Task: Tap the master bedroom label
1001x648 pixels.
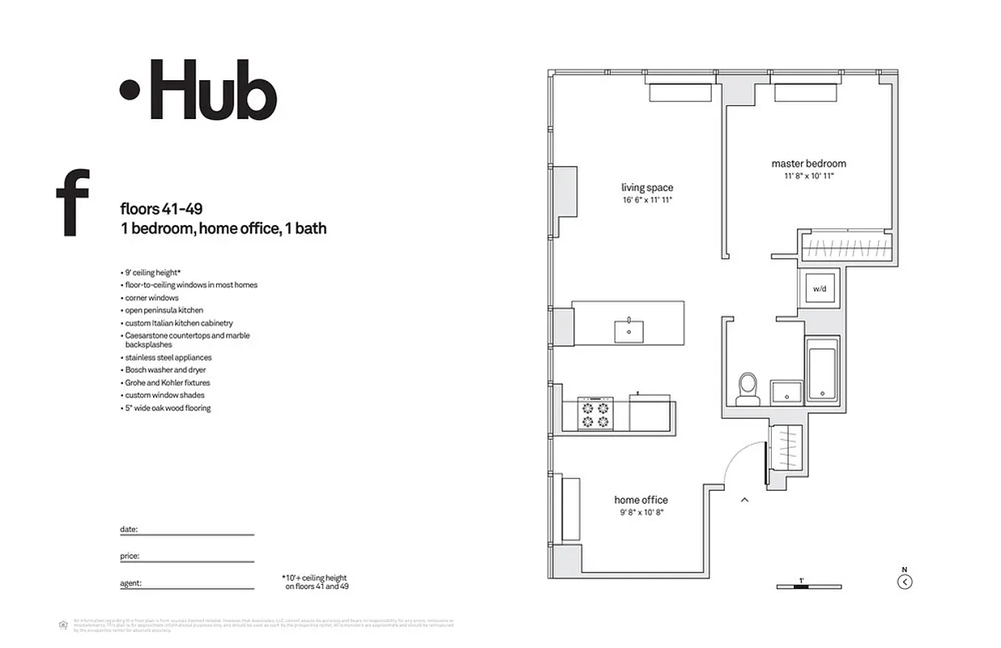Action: [808, 164]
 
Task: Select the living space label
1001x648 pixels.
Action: [647, 188]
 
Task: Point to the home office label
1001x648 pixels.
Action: [641, 500]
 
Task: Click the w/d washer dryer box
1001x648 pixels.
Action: [820, 288]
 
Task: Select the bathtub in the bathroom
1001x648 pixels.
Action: [823, 371]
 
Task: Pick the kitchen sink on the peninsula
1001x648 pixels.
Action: [628, 330]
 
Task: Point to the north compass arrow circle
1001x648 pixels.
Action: [905, 581]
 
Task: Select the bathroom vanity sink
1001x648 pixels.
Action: [785, 392]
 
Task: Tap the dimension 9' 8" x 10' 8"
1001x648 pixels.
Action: [641, 512]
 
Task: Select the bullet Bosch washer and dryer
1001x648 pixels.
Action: [165, 370]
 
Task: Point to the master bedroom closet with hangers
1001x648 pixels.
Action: [847, 246]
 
